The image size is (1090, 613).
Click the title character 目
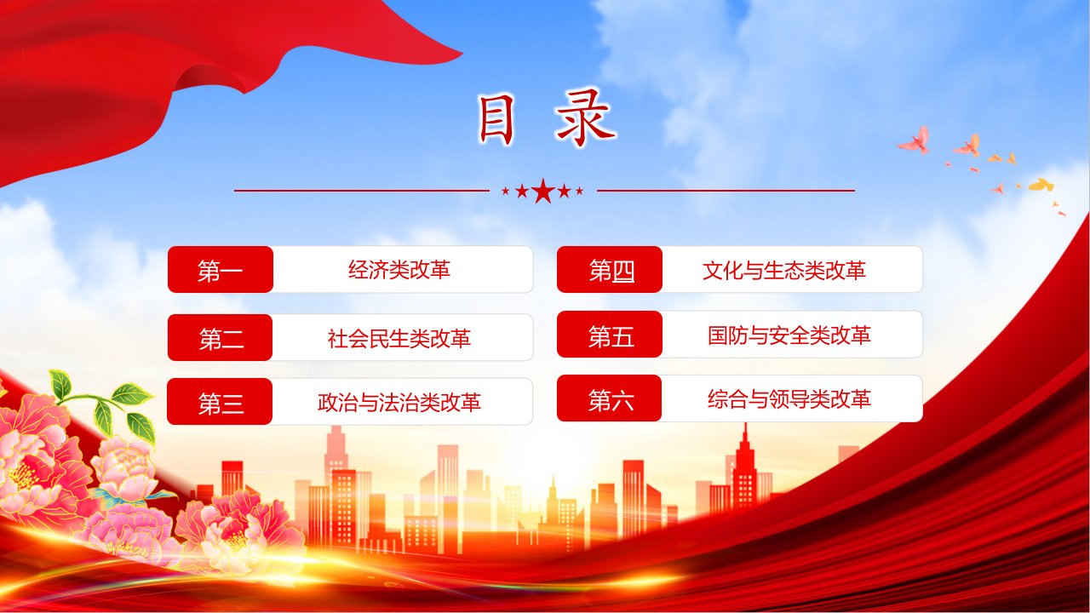pyautogui.click(x=496, y=121)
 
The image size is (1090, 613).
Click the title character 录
pyautogui.click(x=587, y=118)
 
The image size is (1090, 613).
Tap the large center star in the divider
pyautogui.click(x=543, y=191)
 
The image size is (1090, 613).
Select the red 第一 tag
pyautogui.click(x=221, y=270)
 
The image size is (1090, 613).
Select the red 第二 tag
pyautogui.click(x=220, y=338)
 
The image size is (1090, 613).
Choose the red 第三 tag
pyautogui.click(x=220, y=402)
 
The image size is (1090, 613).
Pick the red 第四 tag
pyautogui.click(x=610, y=270)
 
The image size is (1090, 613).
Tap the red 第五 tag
pyautogui.click(x=610, y=335)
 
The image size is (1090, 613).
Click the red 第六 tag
pyautogui.click(x=609, y=398)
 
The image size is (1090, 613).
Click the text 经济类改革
pyautogui.click(x=399, y=270)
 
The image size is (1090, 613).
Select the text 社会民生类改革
pyautogui.click(x=399, y=338)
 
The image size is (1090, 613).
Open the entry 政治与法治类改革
pyautogui.click(x=399, y=403)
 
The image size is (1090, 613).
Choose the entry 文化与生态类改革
pyautogui.click(x=784, y=271)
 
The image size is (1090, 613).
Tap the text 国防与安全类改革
pyautogui.click(x=789, y=335)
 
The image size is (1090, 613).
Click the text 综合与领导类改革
pyautogui.click(x=789, y=399)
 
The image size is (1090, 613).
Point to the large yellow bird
pyautogui.click(x=1041, y=185)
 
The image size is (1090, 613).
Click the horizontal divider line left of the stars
pyautogui.click(x=362, y=191)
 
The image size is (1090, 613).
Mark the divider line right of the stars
pyautogui.click(x=726, y=191)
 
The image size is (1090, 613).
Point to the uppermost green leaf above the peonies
pyautogui.click(x=60, y=385)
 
